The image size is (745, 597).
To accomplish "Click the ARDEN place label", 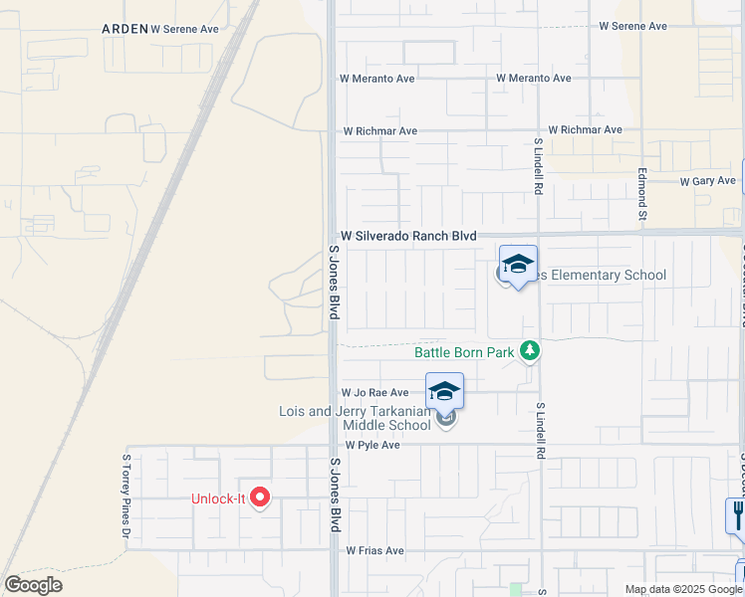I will (124, 30).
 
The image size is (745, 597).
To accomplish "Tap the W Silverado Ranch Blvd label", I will (408, 236).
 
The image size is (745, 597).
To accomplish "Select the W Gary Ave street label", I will (708, 181).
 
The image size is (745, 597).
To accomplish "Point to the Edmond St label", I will (643, 195).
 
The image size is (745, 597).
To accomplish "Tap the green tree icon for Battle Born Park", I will (531, 351).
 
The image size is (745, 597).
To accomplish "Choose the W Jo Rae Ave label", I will (374, 393).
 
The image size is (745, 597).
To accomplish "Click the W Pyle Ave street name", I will (372, 445).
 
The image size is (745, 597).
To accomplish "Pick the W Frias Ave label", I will (374, 550).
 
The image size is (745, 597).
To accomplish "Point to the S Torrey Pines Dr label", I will (126, 497).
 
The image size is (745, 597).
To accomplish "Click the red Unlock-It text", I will (218, 498).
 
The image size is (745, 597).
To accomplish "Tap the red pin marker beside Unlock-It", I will (260, 496).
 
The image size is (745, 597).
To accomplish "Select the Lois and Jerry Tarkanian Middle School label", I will (355, 419).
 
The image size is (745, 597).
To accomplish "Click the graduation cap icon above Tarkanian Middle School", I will (445, 391).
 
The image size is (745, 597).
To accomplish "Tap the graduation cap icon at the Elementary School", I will (518, 264).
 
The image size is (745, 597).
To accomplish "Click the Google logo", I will (33, 585).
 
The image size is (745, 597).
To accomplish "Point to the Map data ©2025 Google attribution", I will (683, 589).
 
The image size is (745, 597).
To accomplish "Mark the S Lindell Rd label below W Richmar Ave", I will (538, 165).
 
